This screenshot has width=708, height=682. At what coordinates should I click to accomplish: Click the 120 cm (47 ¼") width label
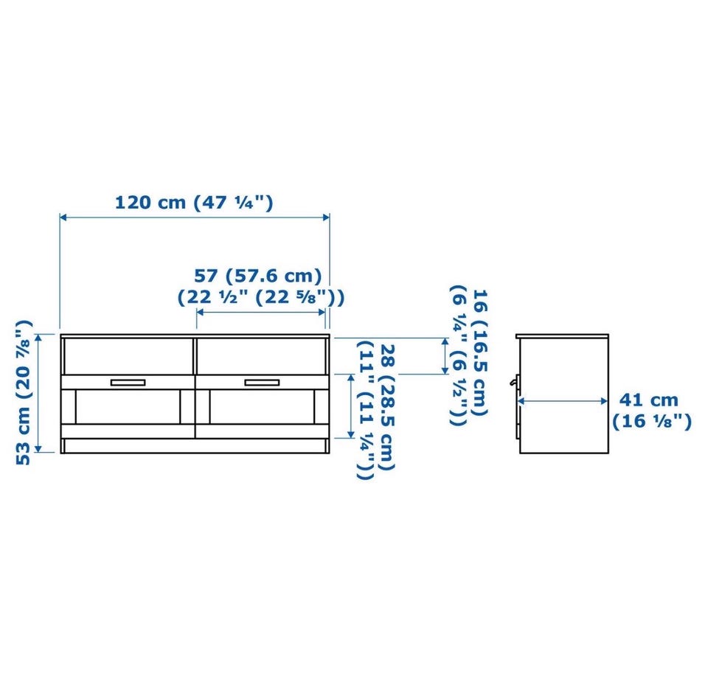coord(194,202)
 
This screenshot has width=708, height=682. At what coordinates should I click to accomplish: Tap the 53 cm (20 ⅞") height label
coord(24,392)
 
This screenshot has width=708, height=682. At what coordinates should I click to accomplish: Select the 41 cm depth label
coord(648,400)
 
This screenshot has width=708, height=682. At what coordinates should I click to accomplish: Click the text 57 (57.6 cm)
coord(258,275)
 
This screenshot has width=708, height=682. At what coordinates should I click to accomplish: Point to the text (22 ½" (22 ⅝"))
coord(261,297)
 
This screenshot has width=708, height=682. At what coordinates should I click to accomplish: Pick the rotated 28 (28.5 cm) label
coord(388,407)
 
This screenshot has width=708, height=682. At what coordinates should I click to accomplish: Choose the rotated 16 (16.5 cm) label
coord(479,352)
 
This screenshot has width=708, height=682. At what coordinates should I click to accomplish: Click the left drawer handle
coord(128,383)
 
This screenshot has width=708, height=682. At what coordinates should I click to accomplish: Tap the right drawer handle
coord(262,383)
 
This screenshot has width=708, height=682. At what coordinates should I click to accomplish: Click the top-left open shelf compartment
coord(128,356)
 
